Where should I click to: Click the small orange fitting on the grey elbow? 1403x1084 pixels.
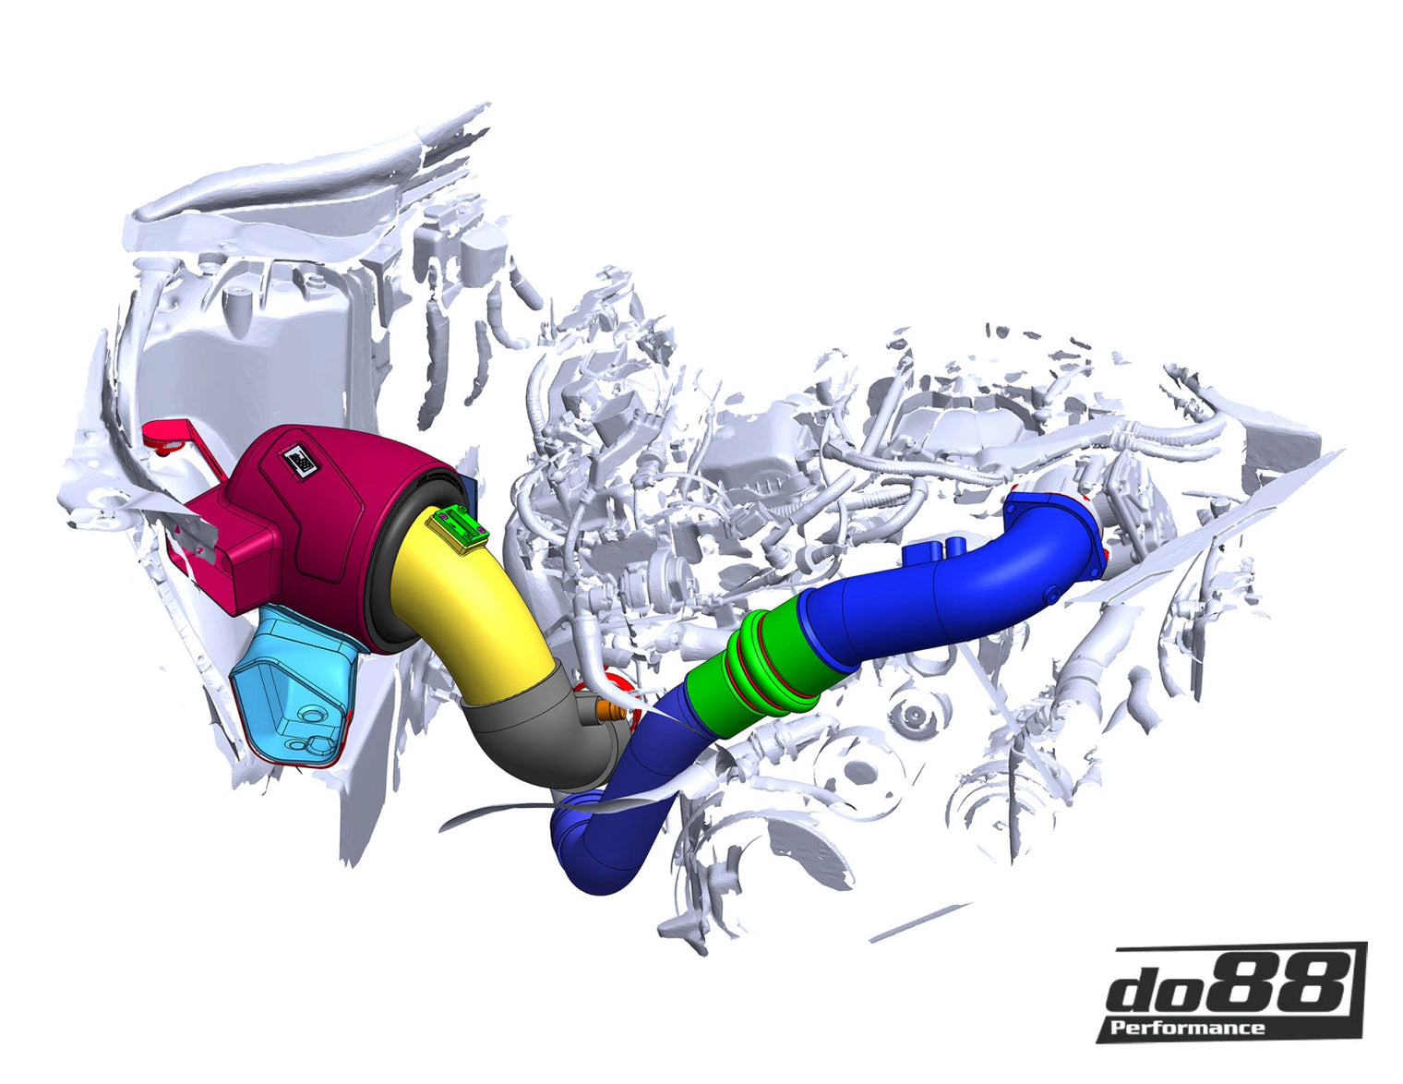(607, 711)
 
